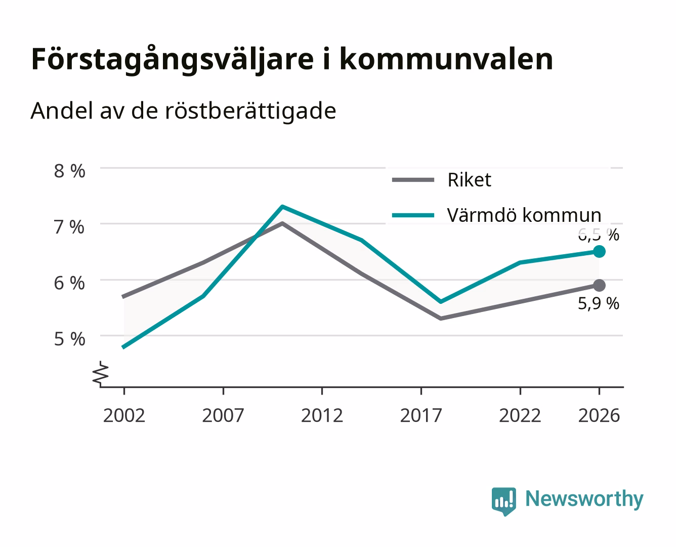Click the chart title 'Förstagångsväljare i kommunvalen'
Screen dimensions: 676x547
point(292,60)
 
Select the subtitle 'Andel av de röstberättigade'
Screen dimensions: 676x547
point(183,111)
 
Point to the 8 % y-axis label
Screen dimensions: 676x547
point(69,171)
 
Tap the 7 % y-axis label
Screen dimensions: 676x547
point(69,227)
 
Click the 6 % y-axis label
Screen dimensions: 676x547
point(69,283)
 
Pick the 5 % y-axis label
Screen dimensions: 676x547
point(69,339)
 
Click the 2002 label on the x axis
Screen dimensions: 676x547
point(124,415)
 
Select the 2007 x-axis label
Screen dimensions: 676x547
point(223,415)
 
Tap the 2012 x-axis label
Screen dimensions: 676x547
point(322,415)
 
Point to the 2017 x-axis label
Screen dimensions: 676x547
point(421,415)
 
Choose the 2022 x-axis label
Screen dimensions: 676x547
point(520,415)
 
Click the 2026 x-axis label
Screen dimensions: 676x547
point(599,415)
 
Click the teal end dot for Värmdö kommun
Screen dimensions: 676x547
point(599,252)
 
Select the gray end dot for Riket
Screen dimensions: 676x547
point(599,285)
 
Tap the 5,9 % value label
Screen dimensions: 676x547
point(599,303)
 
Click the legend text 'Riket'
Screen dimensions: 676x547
point(470,180)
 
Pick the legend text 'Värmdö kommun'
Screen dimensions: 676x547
point(524,215)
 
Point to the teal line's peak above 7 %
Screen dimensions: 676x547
point(282,207)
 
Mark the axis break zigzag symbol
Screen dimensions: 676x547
point(101,374)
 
